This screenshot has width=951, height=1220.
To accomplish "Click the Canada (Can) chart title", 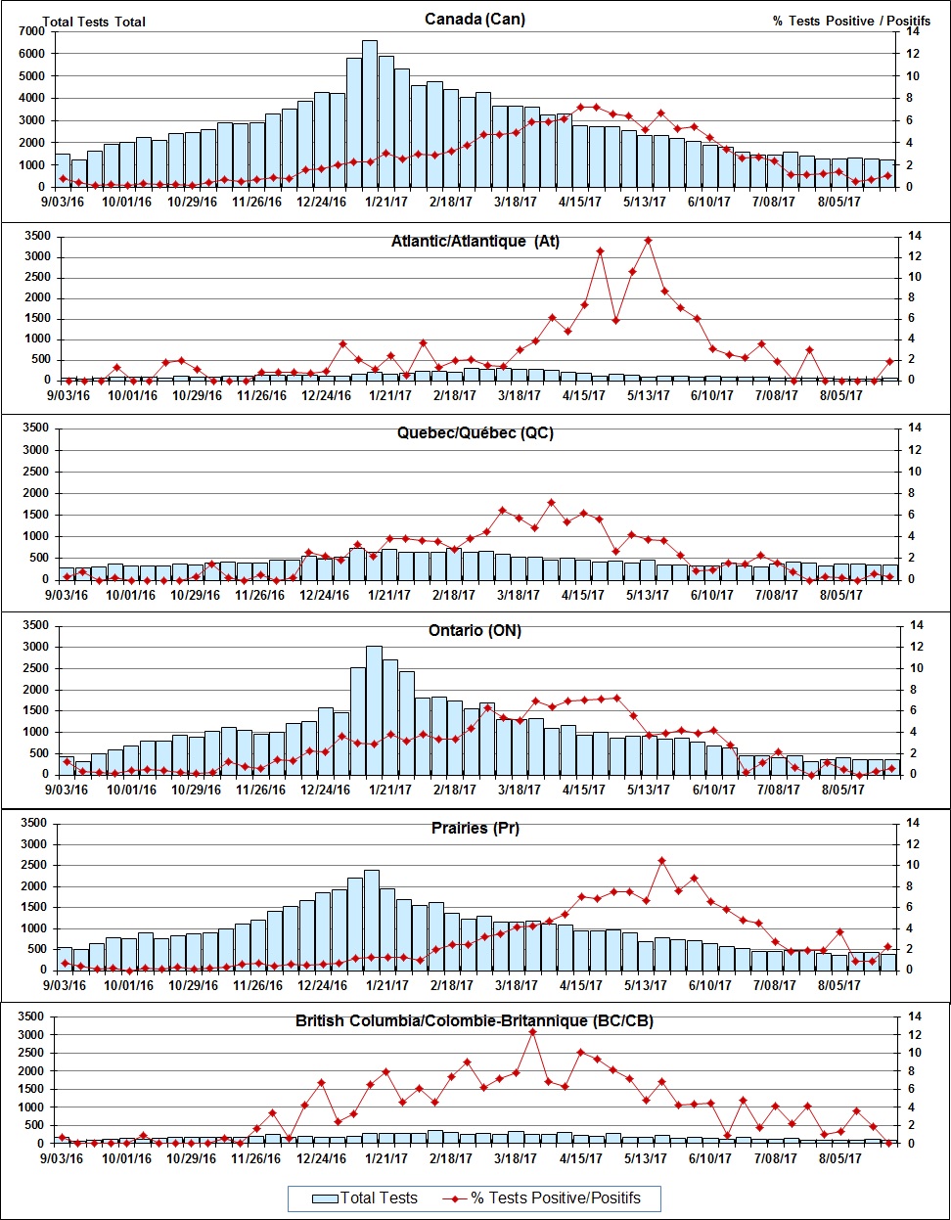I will pyautogui.click(x=475, y=20).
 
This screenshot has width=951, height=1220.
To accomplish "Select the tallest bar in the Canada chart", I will pyautogui.click(x=370, y=113).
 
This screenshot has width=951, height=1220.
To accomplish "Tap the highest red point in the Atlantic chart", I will pyautogui.click(x=648, y=240).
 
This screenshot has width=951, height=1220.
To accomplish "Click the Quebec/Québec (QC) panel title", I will pyautogui.click(x=475, y=433).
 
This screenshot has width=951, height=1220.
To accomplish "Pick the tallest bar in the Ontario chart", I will pyautogui.click(x=374, y=709).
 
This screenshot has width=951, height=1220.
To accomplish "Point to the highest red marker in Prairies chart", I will pyautogui.click(x=661, y=861).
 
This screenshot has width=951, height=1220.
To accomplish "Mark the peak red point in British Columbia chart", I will pyautogui.click(x=532, y=1032).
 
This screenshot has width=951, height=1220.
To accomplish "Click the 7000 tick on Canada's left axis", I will pyautogui.click(x=29, y=31).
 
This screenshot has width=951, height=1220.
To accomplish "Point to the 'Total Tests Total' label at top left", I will pyautogui.click(x=94, y=22).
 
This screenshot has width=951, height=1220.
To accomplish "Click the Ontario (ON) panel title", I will pyautogui.click(x=475, y=631).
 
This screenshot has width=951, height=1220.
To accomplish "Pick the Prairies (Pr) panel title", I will pyautogui.click(x=475, y=829).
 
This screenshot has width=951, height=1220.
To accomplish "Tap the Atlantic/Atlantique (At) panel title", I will pyautogui.click(x=475, y=242).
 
